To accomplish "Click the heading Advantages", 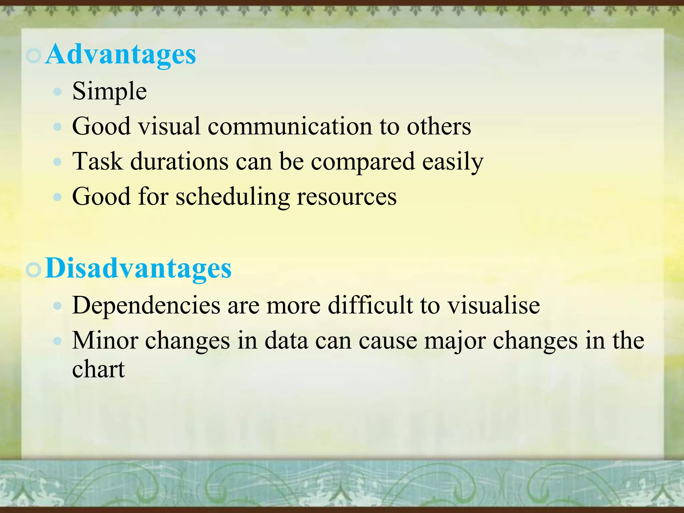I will [121, 54].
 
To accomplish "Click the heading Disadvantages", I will [138, 269].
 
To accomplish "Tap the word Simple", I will [110, 91].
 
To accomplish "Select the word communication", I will [290, 126].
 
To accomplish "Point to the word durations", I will [179, 161].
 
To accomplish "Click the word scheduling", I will [233, 196].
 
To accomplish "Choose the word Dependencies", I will [146, 305].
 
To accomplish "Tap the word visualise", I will [493, 305].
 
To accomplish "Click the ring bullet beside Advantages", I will [33, 56].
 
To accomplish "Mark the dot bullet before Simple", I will [58, 92].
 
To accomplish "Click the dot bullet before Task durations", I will [58, 162].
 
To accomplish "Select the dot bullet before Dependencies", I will [58, 306].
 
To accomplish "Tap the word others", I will [439, 126].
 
